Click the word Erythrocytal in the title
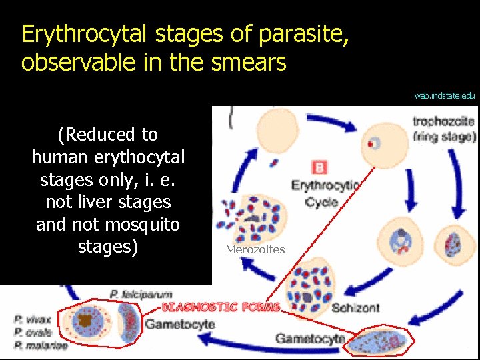[x=77, y=34]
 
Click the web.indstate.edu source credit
[x=444, y=95]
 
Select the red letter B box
[x=319, y=167]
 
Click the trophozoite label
[x=443, y=121]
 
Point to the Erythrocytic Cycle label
[x=325, y=193]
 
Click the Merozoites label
[x=255, y=249]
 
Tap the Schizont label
[x=355, y=307]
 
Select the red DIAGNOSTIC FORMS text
[x=221, y=307]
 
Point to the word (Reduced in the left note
[x=87, y=135]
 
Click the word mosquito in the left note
[x=145, y=225]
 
